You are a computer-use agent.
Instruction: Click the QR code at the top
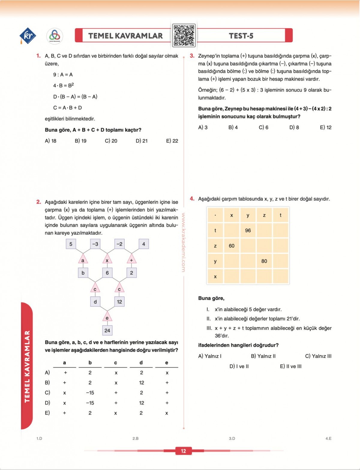click(x=184, y=36)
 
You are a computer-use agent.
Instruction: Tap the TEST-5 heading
click(x=241, y=36)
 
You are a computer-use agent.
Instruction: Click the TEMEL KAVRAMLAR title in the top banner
click(x=125, y=36)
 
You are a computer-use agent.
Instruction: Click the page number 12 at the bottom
click(x=183, y=451)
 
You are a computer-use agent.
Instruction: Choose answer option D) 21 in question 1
click(x=142, y=141)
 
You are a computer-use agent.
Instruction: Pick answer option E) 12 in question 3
click(x=325, y=127)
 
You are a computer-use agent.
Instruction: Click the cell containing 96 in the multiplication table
click(x=248, y=230)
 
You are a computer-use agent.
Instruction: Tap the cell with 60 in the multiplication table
click(x=232, y=246)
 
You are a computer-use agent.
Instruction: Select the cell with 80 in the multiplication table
click(x=264, y=261)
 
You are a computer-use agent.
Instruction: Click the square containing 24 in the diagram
click(x=107, y=331)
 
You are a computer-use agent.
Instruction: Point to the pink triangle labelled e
click(x=107, y=317)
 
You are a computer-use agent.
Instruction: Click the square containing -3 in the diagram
click(x=95, y=244)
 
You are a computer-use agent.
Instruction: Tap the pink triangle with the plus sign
click(x=131, y=259)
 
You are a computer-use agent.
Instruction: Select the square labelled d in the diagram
click(x=95, y=302)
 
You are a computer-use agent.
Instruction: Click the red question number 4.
click(x=192, y=199)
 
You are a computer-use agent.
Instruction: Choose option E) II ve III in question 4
click(x=291, y=367)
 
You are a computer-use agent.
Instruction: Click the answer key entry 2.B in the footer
click(x=136, y=439)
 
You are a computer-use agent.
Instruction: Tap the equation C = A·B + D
click(x=67, y=108)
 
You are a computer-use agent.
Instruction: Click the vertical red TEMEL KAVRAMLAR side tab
click(x=27, y=366)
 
